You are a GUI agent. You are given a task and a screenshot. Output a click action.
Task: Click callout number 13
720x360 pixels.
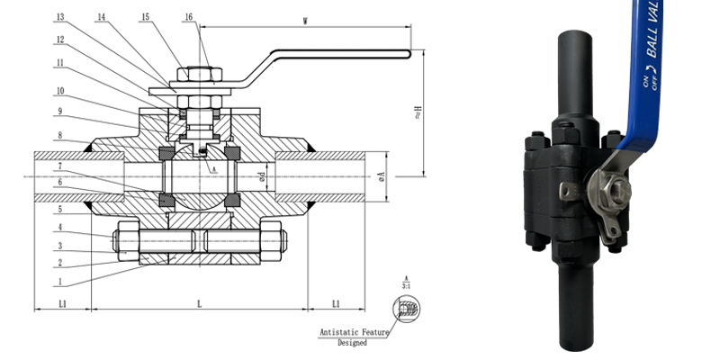(x=59, y=17)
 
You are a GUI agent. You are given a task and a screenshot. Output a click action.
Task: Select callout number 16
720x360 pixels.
(x=188, y=17)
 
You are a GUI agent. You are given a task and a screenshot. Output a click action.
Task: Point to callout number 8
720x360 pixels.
(x=59, y=136)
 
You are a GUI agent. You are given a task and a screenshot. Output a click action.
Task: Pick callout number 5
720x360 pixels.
(x=59, y=209)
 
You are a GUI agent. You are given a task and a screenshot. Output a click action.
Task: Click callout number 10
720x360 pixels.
(x=59, y=91)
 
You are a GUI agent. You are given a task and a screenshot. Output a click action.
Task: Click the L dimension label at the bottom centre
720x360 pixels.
(x=199, y=305)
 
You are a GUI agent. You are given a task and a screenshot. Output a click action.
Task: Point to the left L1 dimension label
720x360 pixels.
(x=62, y=305)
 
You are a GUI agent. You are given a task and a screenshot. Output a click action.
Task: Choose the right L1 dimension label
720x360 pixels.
(x=336, y=305)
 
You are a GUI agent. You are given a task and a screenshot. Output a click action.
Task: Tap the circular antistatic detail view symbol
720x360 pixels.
(x=404, y=309)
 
